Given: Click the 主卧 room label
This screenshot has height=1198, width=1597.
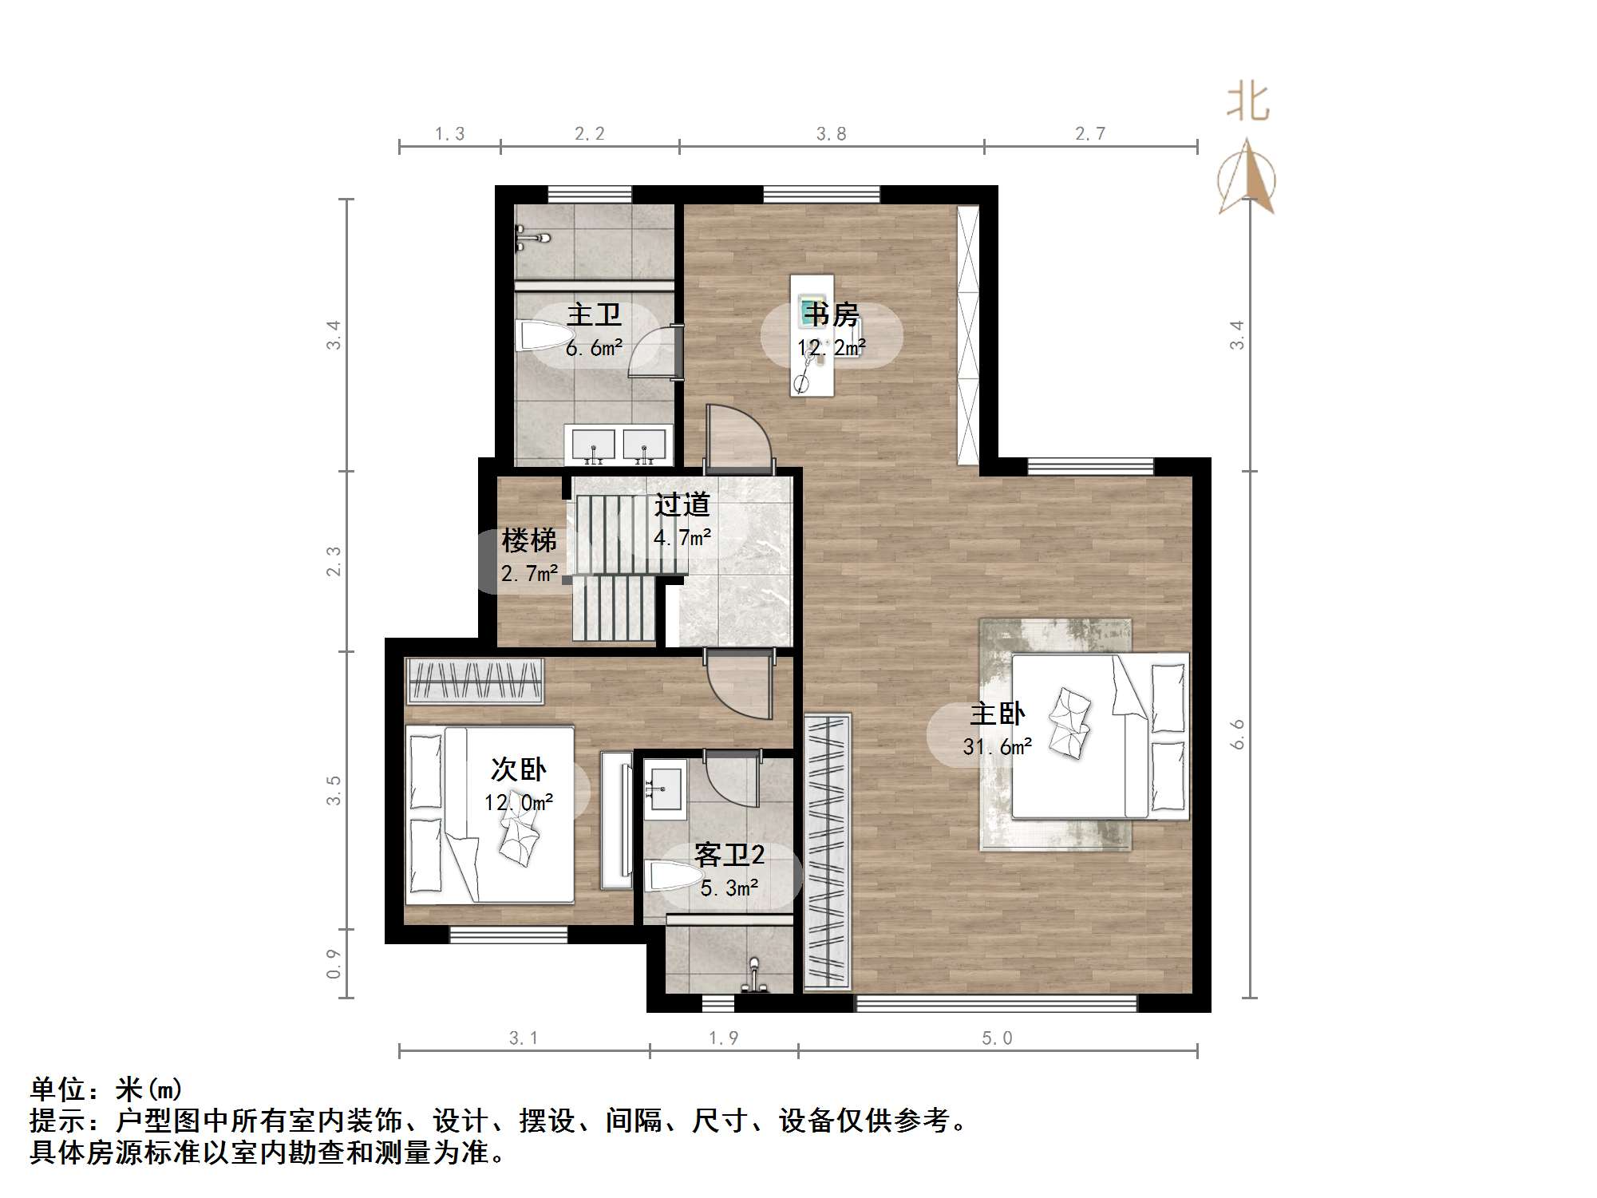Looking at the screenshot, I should [x=997, y=714].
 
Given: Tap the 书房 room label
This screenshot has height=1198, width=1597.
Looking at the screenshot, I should [x=831, y=315].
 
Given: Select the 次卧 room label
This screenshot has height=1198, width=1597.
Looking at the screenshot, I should [x=518, y=769].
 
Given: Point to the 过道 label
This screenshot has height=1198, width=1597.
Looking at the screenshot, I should [x=682, y=504].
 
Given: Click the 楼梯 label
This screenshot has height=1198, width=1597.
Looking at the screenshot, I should [x=528, y=541].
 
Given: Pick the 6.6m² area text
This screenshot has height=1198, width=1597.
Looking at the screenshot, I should [x=594, y=348].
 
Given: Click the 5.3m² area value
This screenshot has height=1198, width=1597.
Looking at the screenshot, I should [x=729, y=888].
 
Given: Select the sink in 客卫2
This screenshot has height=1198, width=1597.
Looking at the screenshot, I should [x=665, y=791].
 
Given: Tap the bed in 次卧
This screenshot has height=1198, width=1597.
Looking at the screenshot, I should [x=489, y=814].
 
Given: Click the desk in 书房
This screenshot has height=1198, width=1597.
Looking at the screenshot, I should [x=812, y=335].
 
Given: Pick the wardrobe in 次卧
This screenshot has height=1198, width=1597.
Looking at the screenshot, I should [x=475, y=681].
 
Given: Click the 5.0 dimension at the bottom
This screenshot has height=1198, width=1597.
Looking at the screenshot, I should [x=997, y=1038].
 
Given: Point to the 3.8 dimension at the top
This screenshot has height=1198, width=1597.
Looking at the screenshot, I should [x=831, y=134].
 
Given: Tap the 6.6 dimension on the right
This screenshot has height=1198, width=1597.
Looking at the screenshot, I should [x=1237, y=734].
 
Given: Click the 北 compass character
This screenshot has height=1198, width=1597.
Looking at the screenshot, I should [x=1247, y=104].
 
